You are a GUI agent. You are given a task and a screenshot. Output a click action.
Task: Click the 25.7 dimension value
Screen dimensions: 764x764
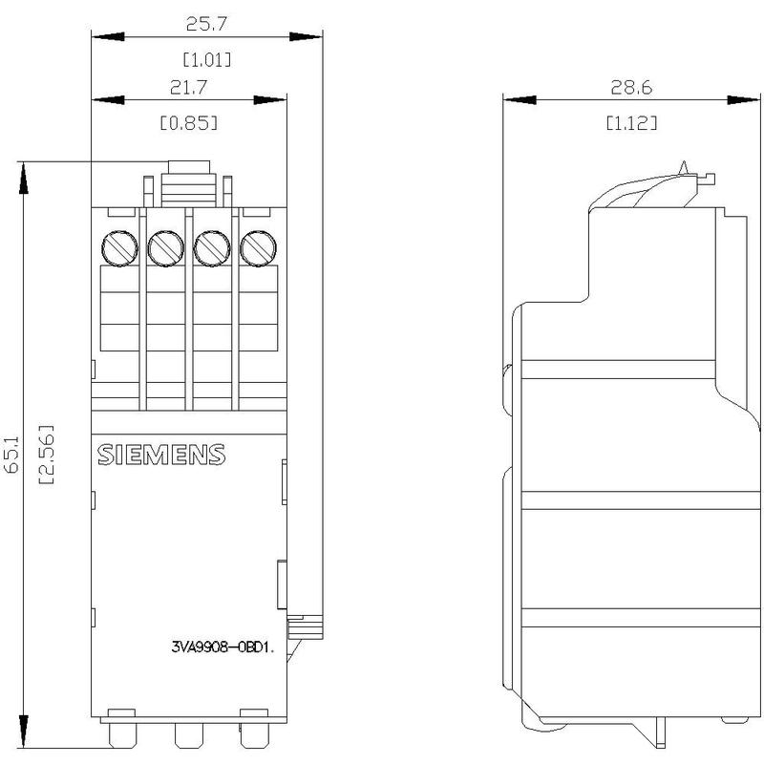[206, 23]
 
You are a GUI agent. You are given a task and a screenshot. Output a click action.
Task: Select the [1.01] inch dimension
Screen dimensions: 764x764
[207, 60]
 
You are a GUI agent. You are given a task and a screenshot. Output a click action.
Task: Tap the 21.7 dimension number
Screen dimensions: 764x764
[188, 87]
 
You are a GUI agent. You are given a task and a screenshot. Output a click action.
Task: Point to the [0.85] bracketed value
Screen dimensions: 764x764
[189, 123]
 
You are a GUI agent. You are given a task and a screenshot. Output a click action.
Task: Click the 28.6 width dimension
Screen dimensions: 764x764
[631, 88]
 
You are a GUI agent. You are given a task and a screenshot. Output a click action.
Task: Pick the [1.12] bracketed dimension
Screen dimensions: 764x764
[631, 123]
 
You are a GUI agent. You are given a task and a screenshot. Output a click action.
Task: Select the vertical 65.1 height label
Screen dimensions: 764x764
[11, 455]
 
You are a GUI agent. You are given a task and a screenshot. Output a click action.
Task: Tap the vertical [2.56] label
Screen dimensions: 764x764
[46, 455]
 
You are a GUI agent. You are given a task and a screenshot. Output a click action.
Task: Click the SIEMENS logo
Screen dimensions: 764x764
[161, 455]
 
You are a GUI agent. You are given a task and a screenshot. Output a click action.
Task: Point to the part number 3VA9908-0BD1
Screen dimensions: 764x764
[223, 647]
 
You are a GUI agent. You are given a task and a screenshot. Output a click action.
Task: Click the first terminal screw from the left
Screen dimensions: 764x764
[119, 248]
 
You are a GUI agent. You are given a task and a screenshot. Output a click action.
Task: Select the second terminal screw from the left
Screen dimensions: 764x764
[165, 248]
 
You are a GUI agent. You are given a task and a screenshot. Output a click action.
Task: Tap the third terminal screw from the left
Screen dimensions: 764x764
[212, 248]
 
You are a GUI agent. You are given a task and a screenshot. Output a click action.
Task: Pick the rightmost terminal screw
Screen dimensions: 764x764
[258, 248]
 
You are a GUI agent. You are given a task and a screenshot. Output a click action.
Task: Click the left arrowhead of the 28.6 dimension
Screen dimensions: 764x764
[520, 100]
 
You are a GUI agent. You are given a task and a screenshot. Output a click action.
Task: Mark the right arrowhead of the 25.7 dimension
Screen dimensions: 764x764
[306, 36]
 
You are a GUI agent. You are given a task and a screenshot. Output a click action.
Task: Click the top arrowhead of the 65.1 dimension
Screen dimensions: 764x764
[23, 178]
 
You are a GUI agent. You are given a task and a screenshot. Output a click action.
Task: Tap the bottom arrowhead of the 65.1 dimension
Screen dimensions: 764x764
[23, 732]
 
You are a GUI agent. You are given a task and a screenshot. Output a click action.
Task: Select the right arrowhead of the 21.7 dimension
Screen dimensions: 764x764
[270, 100]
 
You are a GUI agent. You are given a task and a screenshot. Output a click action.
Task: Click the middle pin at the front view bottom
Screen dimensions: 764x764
[188, 734]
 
